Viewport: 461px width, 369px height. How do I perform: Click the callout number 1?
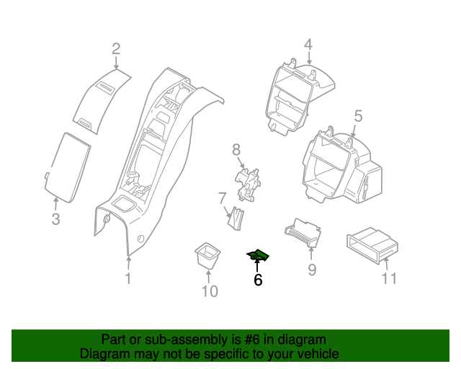(x=128, y=278)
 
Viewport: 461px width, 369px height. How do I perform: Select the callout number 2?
(x=115, y=49)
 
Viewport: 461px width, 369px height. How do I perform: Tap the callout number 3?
(x=55, y=219)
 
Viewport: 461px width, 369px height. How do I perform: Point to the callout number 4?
(x=308, y=45)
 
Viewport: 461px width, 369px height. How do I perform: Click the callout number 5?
(x=358, y=116)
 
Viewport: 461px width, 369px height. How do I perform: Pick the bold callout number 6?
(x=258, y=280)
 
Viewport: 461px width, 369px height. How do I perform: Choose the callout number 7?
(x=223, y=197)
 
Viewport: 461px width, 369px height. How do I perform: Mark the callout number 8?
(x=236, y=150)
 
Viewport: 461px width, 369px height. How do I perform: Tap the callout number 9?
(x=312, y=270)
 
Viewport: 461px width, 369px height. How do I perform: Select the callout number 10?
(x=209, y=291)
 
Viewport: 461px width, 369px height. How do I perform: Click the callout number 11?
(x=389, y=278)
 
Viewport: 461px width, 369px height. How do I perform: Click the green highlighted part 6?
(x=258, y=256)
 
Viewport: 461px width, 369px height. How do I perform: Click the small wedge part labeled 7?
(x=236, y=218)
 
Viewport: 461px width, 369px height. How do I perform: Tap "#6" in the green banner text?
(x=249, y=339)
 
